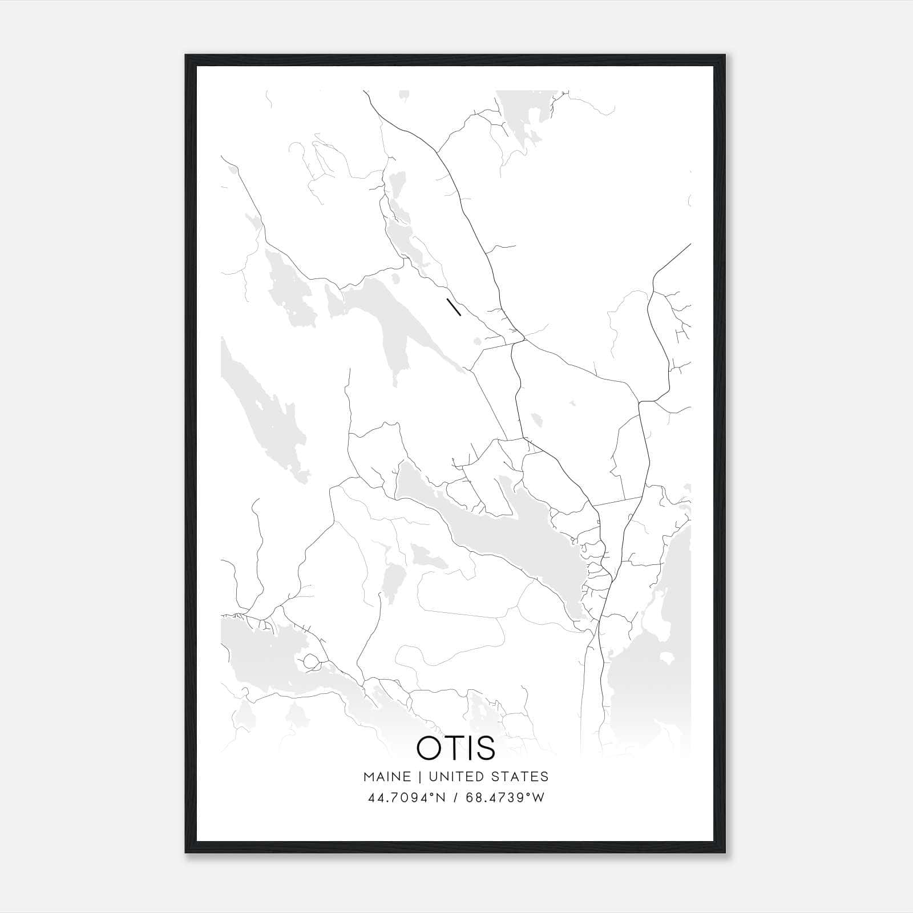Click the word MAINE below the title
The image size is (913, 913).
click(x=387, y=777)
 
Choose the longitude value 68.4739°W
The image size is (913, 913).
click(x=505, y=798)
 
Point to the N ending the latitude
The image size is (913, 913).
click(x=442, y=798)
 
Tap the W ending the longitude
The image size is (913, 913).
click(x=539, y=798)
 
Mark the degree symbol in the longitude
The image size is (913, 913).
click(x=529, y=794)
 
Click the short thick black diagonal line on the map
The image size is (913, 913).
click(x=454, y=307)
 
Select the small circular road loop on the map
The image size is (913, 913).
click(x=311, y=661)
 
